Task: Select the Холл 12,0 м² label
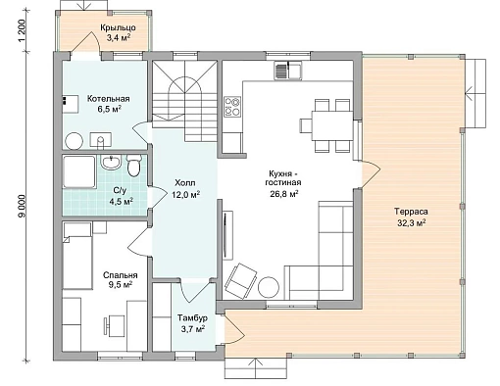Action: point(185,188)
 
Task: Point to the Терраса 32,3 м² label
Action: point(411,217)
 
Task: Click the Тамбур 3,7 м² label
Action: point(193,323)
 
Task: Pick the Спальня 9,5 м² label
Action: point(121,280)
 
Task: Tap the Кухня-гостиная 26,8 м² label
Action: point(283,183)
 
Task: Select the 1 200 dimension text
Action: point(22,31)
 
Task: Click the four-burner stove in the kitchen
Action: point(232,107)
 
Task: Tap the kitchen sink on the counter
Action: point(288,71)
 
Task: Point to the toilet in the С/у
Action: point(133,167)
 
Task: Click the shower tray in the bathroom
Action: point(79,172)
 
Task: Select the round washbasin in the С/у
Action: point(111,163)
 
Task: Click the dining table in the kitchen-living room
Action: point(331,125)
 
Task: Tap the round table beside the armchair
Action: point(269,287)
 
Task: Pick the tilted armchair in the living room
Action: point(240,281)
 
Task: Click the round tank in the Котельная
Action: point(75,141)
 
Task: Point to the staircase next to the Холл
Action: point(185,101)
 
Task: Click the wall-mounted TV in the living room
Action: point(225,235)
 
